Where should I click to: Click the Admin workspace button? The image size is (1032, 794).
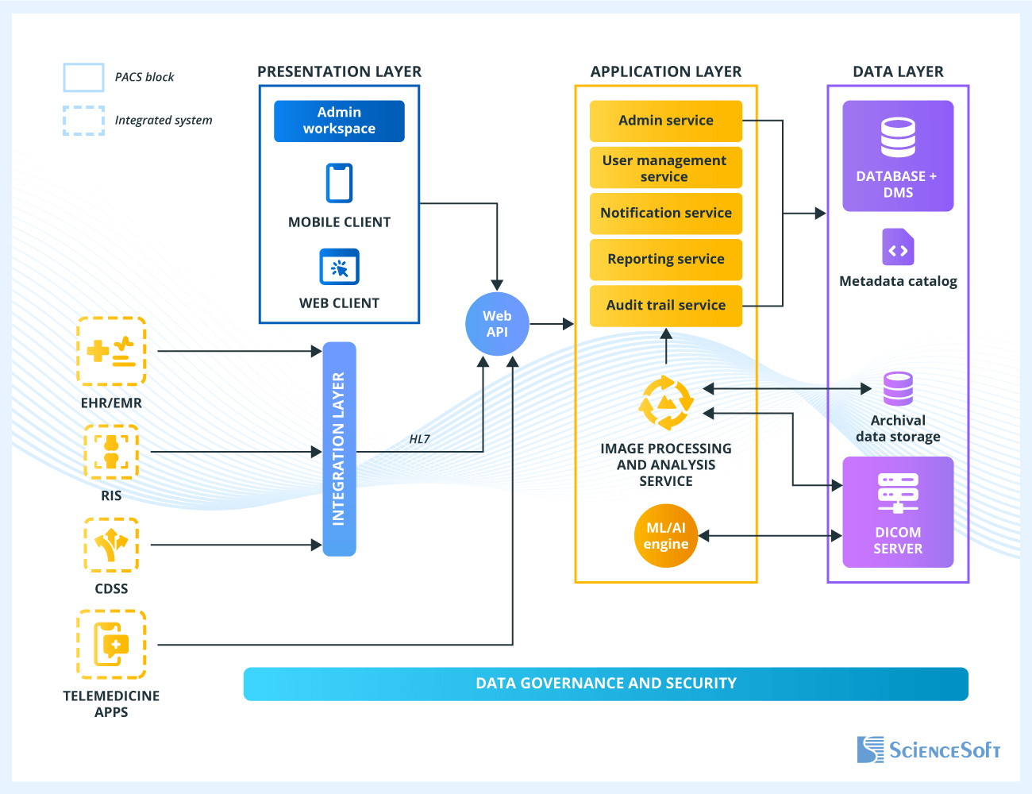(339, 121)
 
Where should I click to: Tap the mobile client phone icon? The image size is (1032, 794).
(339, 183)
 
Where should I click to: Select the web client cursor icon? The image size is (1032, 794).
(339, 267)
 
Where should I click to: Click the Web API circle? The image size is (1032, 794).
(497, 324)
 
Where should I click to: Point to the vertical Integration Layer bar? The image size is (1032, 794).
(339, 449)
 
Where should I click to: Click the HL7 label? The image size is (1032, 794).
(419, 439)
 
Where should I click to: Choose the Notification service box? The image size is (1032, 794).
(665, 213)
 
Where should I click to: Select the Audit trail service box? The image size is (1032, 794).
(665, 306)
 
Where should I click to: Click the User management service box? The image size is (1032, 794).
(665, 168)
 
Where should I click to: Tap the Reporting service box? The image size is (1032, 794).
(665, 260)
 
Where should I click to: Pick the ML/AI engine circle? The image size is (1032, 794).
(665, 536)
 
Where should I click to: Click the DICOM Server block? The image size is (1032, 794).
(897, 512)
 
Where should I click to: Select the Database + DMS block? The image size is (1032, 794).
(897, 156)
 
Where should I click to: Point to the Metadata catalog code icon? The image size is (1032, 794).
(898, 248)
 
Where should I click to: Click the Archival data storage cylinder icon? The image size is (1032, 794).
(898, 389)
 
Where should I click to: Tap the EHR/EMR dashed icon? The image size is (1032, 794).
(111, 351)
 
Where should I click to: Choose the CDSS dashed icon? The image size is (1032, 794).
(111, 545)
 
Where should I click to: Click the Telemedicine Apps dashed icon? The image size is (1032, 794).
(111, 644)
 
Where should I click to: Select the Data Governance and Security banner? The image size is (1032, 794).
(606, 684)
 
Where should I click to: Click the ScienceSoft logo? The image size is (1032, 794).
(928, 750)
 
